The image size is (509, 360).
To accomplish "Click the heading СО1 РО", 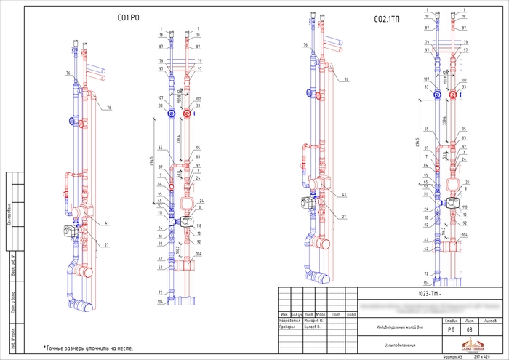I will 128,19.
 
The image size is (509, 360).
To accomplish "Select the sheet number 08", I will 469,330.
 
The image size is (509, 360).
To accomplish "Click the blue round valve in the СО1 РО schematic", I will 170,113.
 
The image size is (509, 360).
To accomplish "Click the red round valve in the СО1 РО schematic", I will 188,113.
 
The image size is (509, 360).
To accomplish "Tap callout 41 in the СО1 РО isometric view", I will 106,223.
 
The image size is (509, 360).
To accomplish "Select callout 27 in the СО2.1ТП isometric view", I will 344,217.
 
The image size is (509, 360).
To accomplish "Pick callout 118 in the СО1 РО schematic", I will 198,227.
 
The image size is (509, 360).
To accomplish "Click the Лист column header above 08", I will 469,321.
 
